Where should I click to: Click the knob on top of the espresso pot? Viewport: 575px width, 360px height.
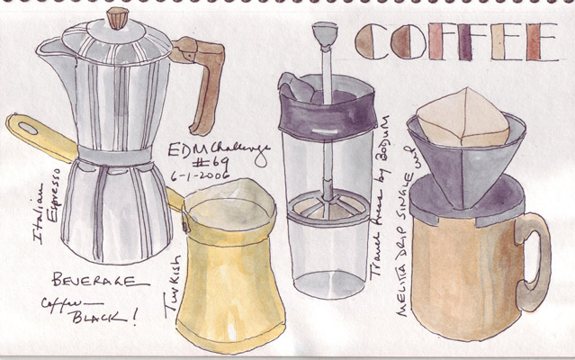(117, 18)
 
